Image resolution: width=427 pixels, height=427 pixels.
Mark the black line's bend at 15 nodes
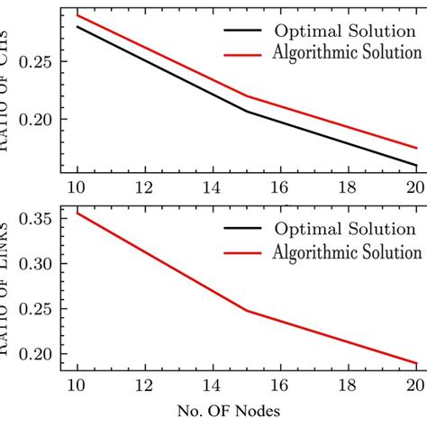tap(245, 111)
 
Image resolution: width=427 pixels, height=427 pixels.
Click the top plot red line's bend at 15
tap(245, 96)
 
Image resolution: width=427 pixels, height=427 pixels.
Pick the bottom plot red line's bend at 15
tap(245, 311)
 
